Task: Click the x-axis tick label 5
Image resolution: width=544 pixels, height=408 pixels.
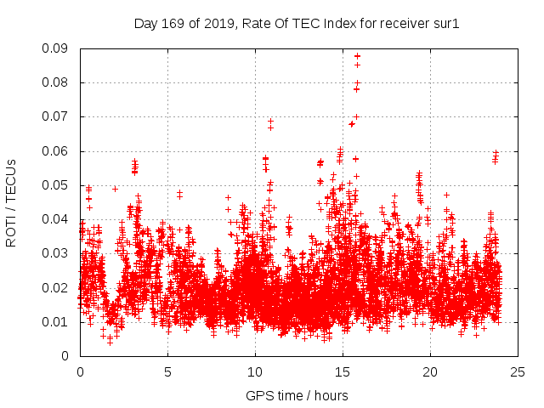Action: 167,372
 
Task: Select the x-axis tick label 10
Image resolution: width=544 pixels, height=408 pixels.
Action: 255,372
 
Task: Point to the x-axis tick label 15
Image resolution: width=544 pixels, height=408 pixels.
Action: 343,372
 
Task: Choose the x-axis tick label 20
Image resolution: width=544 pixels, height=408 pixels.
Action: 430,372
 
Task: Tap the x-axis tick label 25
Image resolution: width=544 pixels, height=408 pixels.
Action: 518,372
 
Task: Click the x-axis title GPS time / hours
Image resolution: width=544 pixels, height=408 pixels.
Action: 297,395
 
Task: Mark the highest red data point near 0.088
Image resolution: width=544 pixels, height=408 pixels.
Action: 357,56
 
